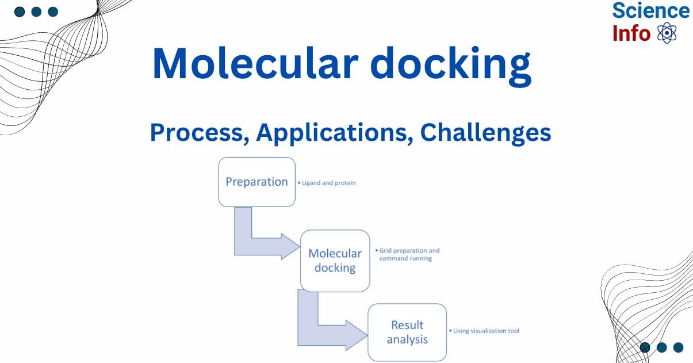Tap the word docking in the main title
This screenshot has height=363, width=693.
point(453,64)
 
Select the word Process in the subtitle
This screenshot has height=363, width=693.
point(199,133)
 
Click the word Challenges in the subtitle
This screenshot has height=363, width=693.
point(485,133)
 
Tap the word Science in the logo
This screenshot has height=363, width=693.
point(650,11)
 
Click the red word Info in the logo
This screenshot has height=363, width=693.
point(631,33)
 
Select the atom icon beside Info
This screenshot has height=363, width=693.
point(667,33)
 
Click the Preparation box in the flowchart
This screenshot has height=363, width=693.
point(256,182)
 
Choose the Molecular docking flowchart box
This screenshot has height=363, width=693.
point(335,261)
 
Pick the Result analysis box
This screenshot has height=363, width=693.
point(407,332)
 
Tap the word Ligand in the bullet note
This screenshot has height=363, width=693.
point(311,183)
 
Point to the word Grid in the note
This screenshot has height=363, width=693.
point(385,251)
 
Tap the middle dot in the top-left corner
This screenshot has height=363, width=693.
point(36,12)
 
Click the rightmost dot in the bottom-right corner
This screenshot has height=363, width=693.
point(678,347)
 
